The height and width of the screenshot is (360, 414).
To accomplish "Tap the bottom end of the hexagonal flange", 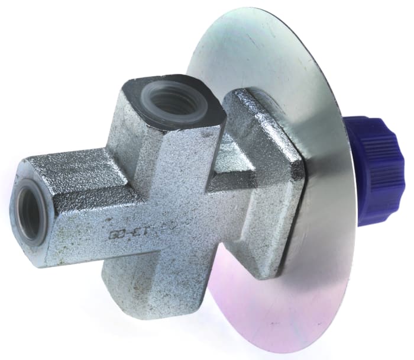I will point(272,269).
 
